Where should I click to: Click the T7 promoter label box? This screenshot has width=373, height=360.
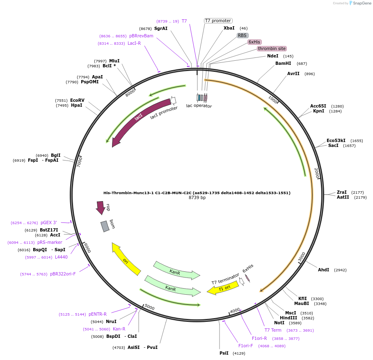coord(218,21)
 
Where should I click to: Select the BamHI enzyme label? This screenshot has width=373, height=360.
coord(283,64)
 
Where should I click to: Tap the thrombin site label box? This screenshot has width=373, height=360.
coord(272,48)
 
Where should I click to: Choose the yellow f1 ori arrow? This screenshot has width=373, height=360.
coord(223,288)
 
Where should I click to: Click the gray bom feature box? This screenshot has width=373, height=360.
coord(105,226)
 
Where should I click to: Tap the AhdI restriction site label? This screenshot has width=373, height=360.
coord(324,270)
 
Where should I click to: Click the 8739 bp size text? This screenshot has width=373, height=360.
coord(197,197)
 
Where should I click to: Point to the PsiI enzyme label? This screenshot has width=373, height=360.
coord(224,353)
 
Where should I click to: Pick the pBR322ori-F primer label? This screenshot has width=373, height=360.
coord(63,274)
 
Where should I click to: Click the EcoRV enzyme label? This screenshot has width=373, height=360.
coord(77,100)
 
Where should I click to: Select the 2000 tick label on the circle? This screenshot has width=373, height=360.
coord(316,173)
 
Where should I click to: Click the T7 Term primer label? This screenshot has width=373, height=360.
coord(273,330)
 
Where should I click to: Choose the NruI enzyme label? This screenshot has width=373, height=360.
coord(111,321)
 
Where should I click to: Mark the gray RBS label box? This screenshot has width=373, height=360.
coord(243,35)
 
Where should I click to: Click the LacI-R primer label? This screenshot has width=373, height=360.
coord(134,43)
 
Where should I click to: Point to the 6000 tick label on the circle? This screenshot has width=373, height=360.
coord(87,248)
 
